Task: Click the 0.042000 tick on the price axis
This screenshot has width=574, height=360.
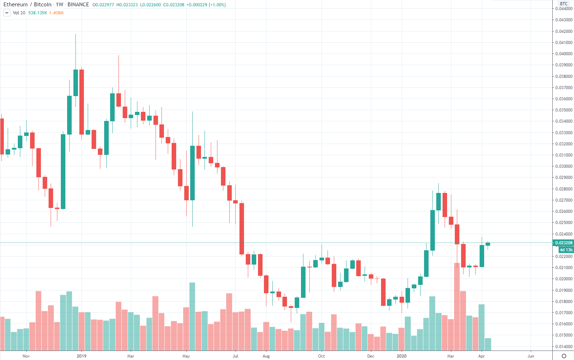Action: tap(564, 31)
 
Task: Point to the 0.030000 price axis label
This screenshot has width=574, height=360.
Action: tap(564, 166)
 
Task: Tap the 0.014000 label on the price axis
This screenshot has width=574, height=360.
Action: tap(564, 347)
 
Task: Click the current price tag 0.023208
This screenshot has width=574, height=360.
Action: tap(564, 243)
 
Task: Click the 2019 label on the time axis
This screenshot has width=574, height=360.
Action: tap(81, 356)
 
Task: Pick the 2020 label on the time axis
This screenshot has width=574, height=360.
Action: tap(402, 356)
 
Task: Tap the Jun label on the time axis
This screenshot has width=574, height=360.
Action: tap(531, 356)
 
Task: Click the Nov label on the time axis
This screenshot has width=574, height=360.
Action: tap(26, 356)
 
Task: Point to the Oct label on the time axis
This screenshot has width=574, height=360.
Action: tap(321, 356)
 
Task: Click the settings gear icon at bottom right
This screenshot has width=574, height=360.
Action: tap(564, 356)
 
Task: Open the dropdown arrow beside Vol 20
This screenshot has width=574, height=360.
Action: tap(7, 13)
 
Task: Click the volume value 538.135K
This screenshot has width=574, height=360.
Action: tap(38, 13)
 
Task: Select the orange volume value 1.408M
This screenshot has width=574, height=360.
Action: tap(56, 13)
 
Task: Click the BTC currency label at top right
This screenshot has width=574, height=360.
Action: tap(564, 4)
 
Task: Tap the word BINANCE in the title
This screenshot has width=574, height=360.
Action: tap(78, 5)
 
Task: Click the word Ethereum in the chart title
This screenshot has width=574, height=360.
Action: tap(15, 5)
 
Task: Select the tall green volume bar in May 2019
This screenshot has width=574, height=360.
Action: tap(192, 316)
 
